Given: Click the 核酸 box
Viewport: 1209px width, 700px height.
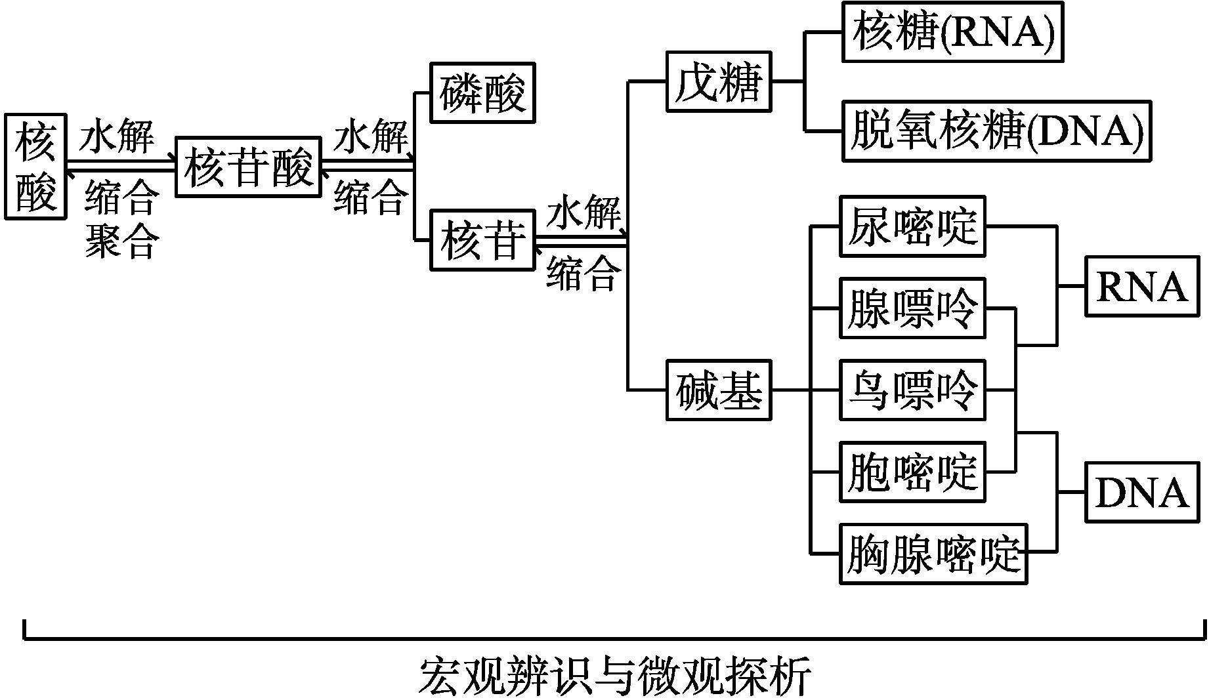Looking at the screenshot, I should coord(35,167).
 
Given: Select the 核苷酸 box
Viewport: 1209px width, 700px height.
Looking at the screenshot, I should coord(248,167).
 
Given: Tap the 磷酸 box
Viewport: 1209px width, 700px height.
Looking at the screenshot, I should coord(482,93).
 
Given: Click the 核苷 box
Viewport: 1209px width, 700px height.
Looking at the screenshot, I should coord(482,240).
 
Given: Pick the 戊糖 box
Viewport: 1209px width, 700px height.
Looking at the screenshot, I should coord(719,81).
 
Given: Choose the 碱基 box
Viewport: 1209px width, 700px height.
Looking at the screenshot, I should coord(719,390).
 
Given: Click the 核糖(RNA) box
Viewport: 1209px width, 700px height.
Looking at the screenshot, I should coord(952,32).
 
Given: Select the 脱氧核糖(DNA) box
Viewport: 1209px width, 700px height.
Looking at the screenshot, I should coord(997,131).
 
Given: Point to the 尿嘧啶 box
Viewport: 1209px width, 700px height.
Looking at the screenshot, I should coord(912,226).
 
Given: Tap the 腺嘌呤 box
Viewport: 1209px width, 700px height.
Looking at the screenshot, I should coord(912,308).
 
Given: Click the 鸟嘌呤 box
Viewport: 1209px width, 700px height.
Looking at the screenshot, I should coord(912,390).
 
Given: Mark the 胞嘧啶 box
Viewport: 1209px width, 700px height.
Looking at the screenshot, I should coord(912,472).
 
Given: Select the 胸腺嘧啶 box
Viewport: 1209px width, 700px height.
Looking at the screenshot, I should coord(933,554).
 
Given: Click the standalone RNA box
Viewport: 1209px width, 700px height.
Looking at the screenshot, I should coord(1142,287).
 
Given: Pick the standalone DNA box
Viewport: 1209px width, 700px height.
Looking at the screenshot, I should coord(1142,492).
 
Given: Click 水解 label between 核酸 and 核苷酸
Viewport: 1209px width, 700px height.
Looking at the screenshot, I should coord(117,137).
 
